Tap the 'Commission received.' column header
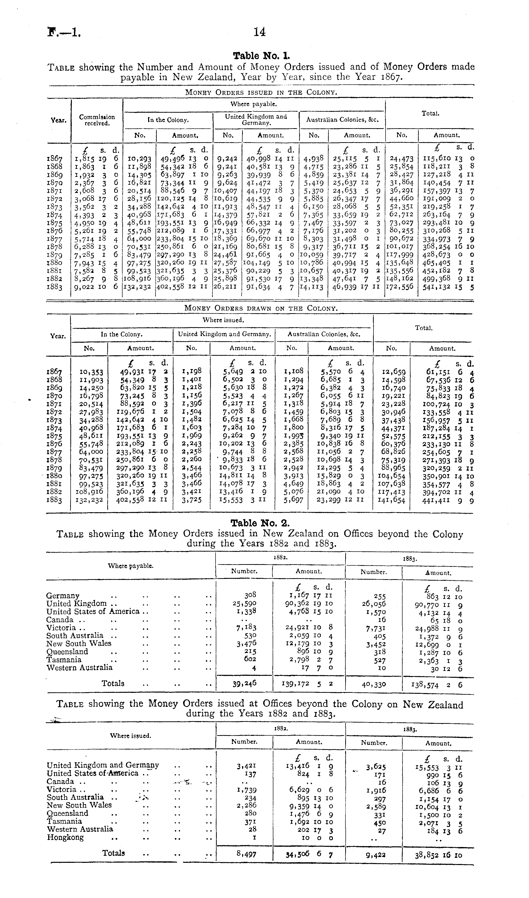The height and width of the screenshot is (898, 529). coord(97,120)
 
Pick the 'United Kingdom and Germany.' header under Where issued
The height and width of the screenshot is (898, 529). coord(225,334)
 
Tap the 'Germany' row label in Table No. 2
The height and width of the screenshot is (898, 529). coord(63,595)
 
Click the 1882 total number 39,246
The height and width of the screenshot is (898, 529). coord(245,683)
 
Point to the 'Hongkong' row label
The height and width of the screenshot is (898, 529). coord(65,837)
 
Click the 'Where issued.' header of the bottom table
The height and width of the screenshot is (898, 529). coord(130,736)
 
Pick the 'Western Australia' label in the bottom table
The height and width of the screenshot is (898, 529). coord(80,829)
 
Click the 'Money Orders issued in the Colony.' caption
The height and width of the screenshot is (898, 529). coord(261,92)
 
